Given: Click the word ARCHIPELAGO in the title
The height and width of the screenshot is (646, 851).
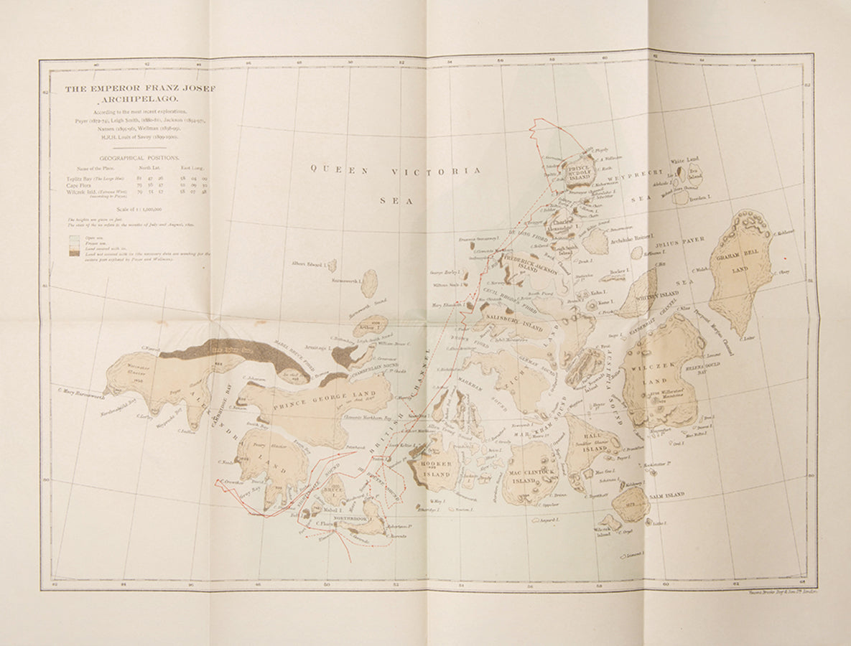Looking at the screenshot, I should point(140,100).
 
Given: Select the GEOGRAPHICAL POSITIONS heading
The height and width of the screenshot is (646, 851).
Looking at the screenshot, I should point(140,156).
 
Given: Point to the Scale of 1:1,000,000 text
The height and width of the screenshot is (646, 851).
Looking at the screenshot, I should point(140,208).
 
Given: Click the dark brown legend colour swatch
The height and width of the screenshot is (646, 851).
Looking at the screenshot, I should point(74,253).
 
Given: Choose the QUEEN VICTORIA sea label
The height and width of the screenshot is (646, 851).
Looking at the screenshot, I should point(396,171).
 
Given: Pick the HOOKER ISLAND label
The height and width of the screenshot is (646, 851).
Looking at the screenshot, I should point(437,469).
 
